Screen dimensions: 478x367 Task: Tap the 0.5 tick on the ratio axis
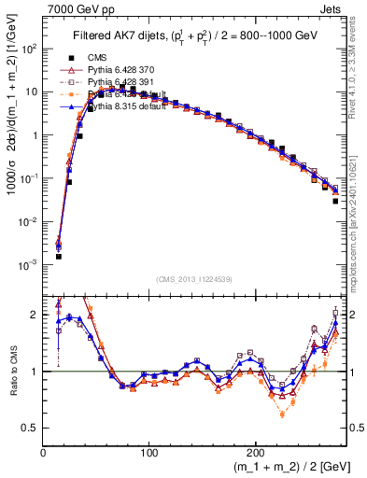tap(33, 428)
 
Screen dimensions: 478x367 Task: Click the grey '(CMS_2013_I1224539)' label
tap(194, 278)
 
